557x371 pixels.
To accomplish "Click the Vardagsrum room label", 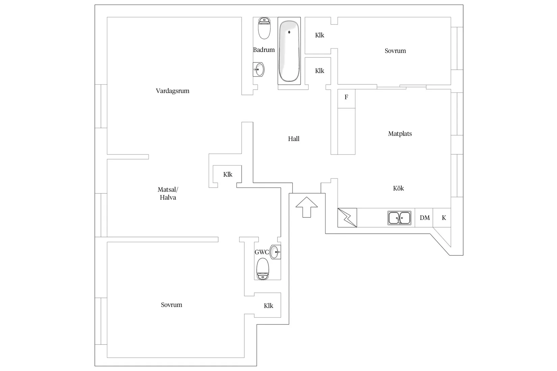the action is point(173,91).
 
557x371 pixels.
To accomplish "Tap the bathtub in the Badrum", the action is point(289,51).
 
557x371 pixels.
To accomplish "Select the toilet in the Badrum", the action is point(264,28).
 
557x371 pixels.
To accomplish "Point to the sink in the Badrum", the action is point(259,69).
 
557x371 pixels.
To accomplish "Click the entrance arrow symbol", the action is point(307,207).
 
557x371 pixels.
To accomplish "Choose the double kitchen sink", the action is point(399,218).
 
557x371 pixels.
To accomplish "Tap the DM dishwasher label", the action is point(425,218).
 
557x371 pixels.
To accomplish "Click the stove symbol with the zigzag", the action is point(347,218).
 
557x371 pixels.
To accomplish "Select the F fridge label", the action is point(346,97).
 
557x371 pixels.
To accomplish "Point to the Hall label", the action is point(294,139).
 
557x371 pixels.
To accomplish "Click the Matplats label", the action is point(400,134).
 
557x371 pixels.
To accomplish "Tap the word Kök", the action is point(398,188).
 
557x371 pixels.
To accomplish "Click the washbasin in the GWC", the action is point(275,252).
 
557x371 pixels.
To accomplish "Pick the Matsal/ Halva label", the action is point(168,193).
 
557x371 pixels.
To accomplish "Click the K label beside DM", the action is point(444,218).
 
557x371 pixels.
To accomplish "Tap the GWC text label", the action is point(262,252).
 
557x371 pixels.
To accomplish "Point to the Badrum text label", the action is point(264,50).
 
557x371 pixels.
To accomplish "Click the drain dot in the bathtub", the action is point(289,32).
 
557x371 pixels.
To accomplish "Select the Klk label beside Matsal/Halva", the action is point(228,174).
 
